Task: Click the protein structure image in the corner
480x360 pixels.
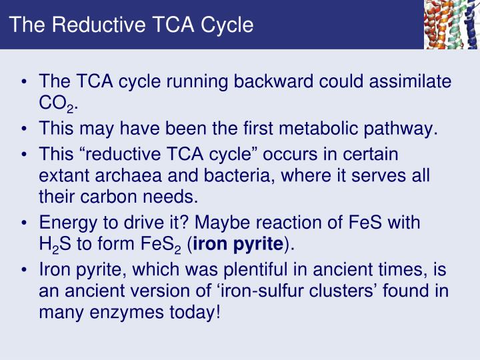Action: click(x=451, y=24)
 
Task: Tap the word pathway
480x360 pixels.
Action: click(x=404, y=127)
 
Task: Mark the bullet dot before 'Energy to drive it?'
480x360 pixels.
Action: click(x=24, y=223)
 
